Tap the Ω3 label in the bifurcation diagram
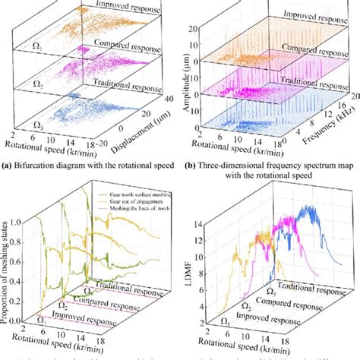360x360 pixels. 28,122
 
